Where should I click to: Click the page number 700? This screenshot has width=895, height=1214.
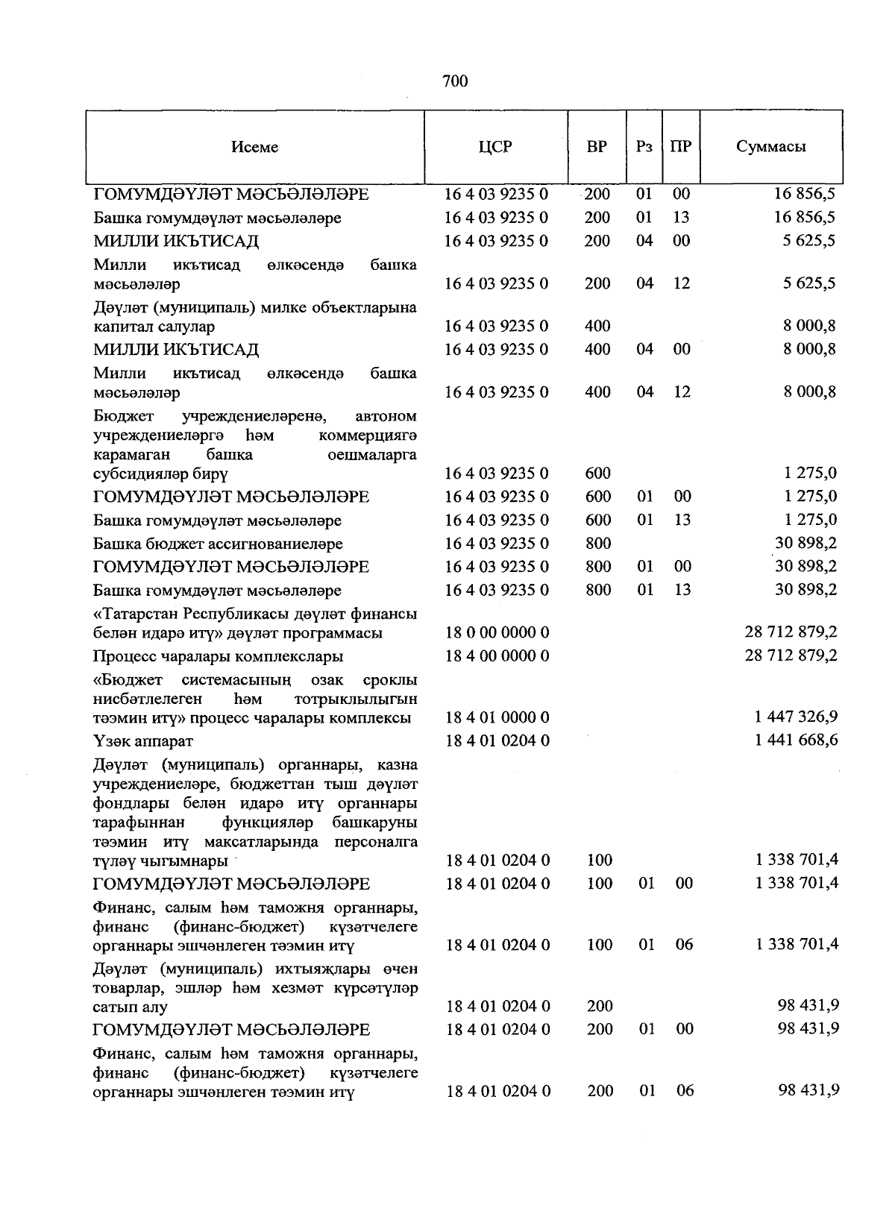click(x=454, y=81)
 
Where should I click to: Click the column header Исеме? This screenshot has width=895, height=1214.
click(x=254, y=147)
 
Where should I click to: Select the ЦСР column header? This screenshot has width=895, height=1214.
click(x=496, y=147)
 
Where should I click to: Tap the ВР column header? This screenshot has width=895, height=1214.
click(x=597, y=147)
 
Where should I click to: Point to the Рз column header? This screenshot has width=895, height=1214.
click(x=644, y=147)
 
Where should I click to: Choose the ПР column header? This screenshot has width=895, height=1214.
click(x=680, y=147)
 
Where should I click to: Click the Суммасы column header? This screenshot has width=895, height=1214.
click(x=771, y=147)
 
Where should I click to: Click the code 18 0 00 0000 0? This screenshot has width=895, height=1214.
click(x=497, y=633)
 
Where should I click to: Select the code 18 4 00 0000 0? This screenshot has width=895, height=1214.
click(x=497, y=656)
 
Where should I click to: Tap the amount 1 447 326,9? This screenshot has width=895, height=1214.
click(x=797, y=717)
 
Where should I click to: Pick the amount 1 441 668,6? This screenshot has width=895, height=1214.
click(x=797, y=740)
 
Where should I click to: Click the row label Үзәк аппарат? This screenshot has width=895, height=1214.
click(x=143, y=741)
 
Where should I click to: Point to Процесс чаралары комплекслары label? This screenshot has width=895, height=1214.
click(x=218, y=657)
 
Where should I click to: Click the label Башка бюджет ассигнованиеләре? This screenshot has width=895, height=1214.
click(x=218, y=544)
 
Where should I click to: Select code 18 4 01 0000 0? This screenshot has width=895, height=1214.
click(x=497, y=717)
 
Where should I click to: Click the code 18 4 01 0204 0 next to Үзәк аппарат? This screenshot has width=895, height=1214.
click(x=497, y=740)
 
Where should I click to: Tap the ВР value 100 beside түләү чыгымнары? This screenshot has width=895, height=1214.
click(x=599, y=861)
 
